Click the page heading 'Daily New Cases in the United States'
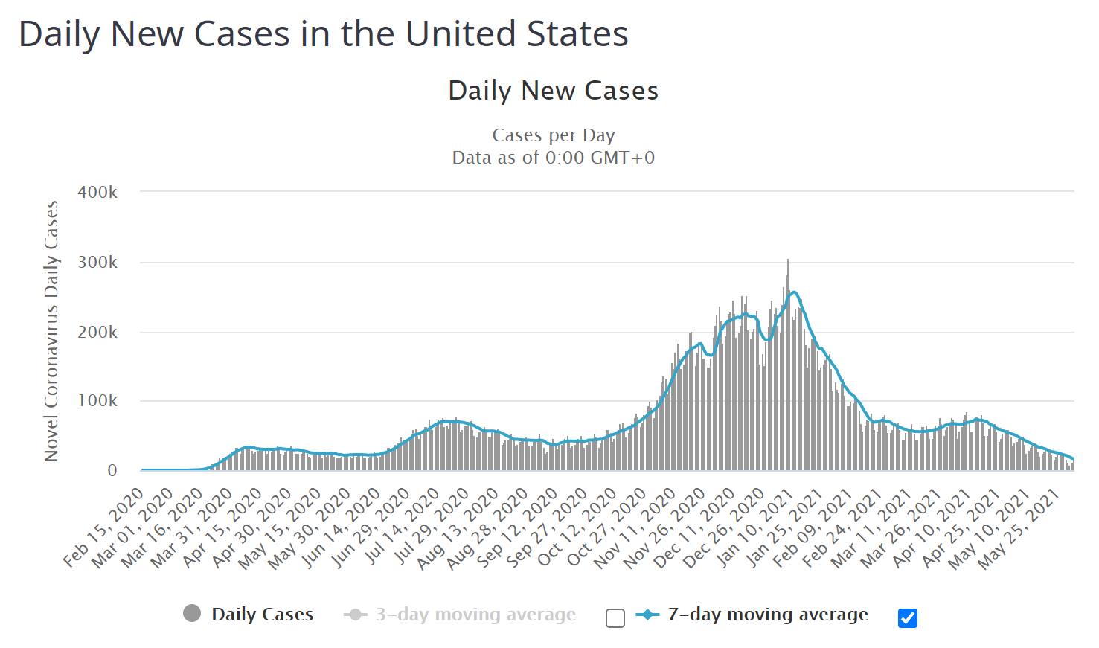point(323,34)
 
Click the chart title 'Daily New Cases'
point(553,91)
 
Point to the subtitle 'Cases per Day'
point(553,135)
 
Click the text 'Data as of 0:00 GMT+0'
point(553,158)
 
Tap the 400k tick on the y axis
point(97,192)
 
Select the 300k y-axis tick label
point(97,263)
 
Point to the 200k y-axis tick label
point(97,333)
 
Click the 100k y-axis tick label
point(97,401)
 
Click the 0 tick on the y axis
point(112,471)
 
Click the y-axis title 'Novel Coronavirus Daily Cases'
point(51,331)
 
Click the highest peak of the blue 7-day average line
point(793,292)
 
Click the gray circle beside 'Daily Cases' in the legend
point(192,614)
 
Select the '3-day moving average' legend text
point(475,615)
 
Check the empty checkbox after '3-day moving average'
point(615,618)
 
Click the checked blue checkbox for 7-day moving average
point(907,618)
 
